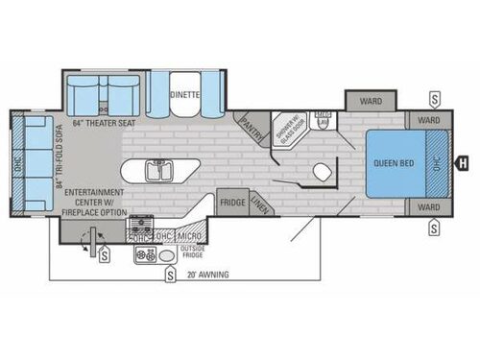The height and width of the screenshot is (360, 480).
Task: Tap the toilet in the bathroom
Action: pyautogui.click(x=323, y=173)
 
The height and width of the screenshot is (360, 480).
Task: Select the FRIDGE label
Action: pyautogui.click(x=231, y=203)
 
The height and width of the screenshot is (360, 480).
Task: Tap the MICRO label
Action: pyautogui.click(x=189, y=236)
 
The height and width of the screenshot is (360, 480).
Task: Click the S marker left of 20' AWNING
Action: pyautogui.click(x=170, y=276)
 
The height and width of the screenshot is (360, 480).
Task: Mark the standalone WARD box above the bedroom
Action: pyautogui.click(x=372, y=100)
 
